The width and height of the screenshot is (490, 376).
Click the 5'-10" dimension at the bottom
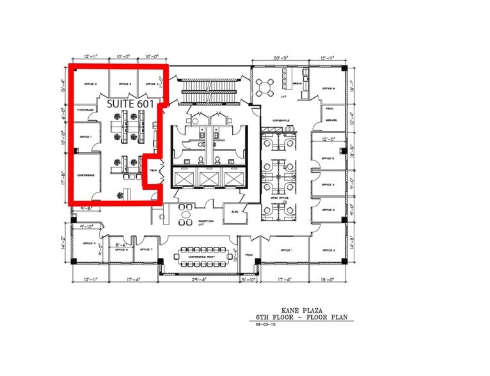pyautogui.click(x=248, y=279)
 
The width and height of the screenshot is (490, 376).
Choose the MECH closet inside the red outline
pyautogui.click(x=154, y=171)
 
